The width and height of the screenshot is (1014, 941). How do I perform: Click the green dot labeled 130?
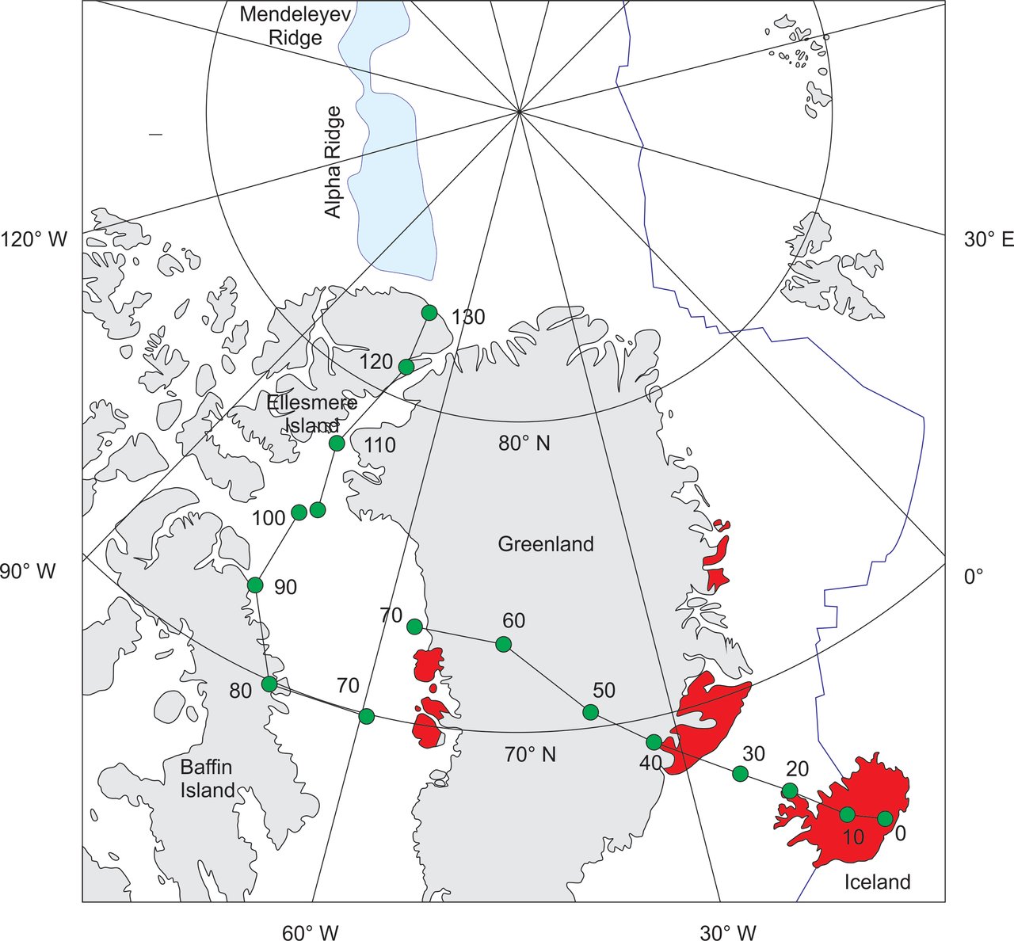point(429,312)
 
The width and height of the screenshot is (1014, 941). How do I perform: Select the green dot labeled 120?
point(406,367)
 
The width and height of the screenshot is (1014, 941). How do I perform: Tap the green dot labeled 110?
point(337,443)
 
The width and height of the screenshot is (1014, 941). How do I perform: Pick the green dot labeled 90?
point(255,585)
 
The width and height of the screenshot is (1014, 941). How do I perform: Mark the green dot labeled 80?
point(269,684)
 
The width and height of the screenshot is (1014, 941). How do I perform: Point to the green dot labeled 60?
point(503,644)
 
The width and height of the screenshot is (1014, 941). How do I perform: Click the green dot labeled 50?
point(590,712)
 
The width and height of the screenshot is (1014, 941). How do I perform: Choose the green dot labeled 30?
point(740,774)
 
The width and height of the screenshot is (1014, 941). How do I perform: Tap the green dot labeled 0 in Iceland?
point(885,818)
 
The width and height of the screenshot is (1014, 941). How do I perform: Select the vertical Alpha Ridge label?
point(333,162)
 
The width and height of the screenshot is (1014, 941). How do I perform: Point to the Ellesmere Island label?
point(311,413)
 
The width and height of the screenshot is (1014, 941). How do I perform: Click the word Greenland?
point(546,544)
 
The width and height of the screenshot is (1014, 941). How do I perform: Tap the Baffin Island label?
point(208,778)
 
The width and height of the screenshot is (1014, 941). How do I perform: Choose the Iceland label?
point(877,882)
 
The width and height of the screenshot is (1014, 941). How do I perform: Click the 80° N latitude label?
point(524,443)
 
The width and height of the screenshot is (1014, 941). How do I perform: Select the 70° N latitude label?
point(530,755)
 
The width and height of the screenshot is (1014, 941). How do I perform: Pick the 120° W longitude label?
point(35,239)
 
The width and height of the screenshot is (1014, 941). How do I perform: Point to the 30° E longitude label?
point(988,239)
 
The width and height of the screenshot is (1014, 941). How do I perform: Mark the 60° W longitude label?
point(311,932)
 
